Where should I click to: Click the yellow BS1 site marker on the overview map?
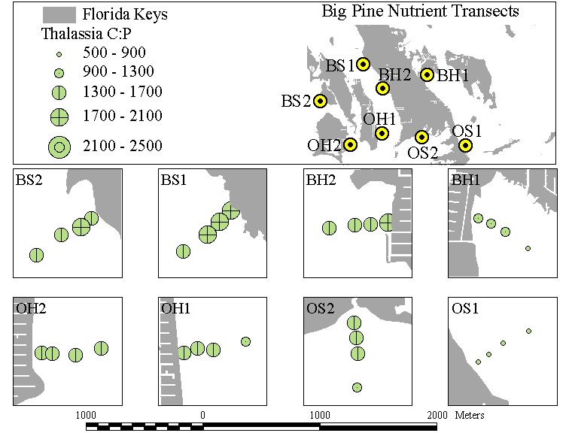pos(363,64)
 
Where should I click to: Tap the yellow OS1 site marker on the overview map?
pos(465,145)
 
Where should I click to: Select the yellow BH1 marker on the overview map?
pos(427,74)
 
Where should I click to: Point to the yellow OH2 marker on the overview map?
pos(350,145)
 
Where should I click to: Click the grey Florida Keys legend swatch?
pos(59,15)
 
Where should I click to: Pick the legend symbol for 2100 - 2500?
pos(59,147)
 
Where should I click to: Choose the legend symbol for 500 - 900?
pos(59,55)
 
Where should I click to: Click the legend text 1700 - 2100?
pos(122,116)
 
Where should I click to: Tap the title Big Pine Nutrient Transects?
pos(420,11)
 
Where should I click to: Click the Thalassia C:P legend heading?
pos(87,34)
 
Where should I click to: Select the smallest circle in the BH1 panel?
pos(528,249)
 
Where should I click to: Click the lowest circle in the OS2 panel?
pos(357,387)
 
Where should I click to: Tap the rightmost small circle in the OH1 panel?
pos(245,341)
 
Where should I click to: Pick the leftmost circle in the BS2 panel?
pos(36,255)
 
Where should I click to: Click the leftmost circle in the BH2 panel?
pos(329,228)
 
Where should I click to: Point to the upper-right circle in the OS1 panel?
pos(528,332)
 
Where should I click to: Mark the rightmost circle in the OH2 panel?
pos(101,349)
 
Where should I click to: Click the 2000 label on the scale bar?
pos(437,415)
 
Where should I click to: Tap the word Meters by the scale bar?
pos(470,415)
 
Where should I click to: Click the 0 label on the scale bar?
pos(203,415)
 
